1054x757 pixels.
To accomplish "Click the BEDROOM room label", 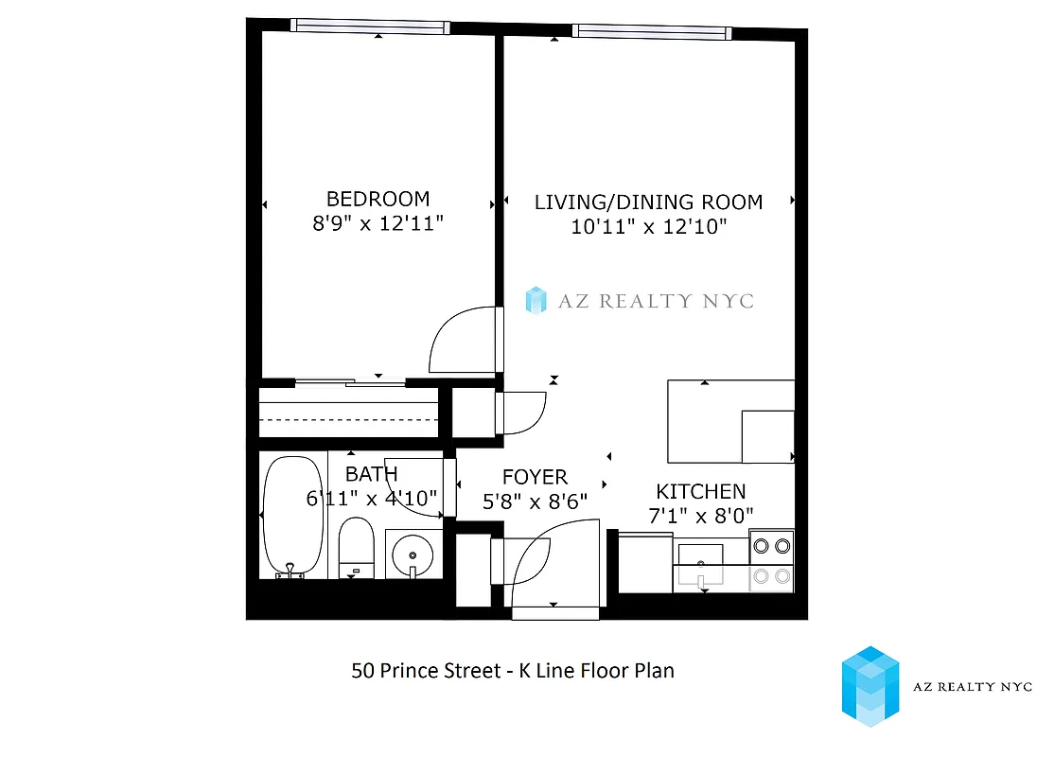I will click(x=378, y=199).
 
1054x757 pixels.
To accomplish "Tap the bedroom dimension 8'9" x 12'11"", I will click(x=378, y=224).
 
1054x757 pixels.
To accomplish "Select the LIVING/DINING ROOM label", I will click(x=648, y=202).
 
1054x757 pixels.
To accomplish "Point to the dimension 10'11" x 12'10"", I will click(x=648, y=227).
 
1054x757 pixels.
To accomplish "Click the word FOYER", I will click(x=535, y=477).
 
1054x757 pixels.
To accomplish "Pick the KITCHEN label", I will click(x=701, y=492).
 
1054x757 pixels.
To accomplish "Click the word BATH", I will click(x=371, y=473).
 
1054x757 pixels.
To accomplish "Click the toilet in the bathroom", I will click(x=357, y=547).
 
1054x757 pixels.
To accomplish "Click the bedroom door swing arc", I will click(x=458, y=341).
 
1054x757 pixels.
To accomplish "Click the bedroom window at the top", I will click(x=370, y=26).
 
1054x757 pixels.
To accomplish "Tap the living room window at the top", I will click(x=652, y=31).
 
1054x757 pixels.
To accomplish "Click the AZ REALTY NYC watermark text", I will click(x=655, y=301).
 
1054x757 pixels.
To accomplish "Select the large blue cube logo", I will click(x=870, y=686).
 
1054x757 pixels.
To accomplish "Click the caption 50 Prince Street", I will click(x=426, y=671).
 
